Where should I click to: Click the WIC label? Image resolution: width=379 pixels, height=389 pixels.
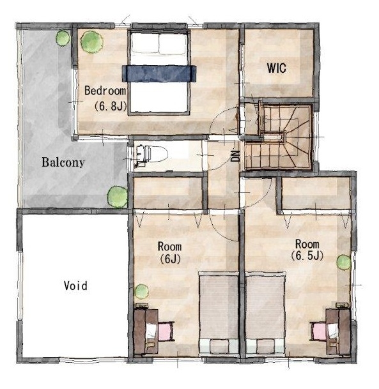tap(277, 68)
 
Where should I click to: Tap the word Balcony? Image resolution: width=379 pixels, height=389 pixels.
tap(63, 162)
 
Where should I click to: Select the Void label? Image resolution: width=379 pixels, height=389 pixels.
tap(75, 286)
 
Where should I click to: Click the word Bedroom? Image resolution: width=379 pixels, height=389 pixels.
tap(105, 91)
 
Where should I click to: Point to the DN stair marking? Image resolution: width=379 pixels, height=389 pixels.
tap(236, 156)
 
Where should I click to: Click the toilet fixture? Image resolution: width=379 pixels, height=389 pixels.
tap(150, 156)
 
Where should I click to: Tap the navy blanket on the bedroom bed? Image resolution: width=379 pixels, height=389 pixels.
tap(159, 73)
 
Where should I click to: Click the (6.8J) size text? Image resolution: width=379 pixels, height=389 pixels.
tap(111, 106)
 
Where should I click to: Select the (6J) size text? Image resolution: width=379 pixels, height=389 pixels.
tap(170, 259)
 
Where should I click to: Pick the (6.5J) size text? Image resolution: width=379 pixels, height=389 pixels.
tap(307, 256)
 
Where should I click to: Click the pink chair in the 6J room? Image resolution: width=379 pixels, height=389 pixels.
tap(166, 331)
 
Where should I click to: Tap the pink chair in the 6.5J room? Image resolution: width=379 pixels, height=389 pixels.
tap(318, 332)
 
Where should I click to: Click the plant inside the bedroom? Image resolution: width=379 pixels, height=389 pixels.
tap(92, 42)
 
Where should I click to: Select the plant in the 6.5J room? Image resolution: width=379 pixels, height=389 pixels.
tap(344, 263)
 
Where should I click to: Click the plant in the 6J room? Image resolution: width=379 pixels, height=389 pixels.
tap(141, 291)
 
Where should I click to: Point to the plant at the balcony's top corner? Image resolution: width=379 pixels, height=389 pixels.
tap(63, 38)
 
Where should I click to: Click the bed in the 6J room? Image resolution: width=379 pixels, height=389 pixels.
tap(219, 313)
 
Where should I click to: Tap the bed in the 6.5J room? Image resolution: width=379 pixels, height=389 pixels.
tap(265, 313)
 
